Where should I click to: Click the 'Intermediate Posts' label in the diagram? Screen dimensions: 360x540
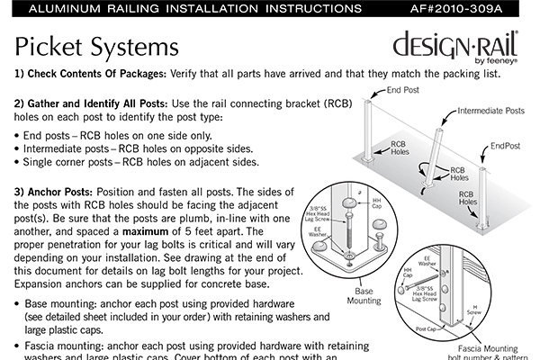click(490, 112)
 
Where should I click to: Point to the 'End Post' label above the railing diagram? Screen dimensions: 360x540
click(405, 91)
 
